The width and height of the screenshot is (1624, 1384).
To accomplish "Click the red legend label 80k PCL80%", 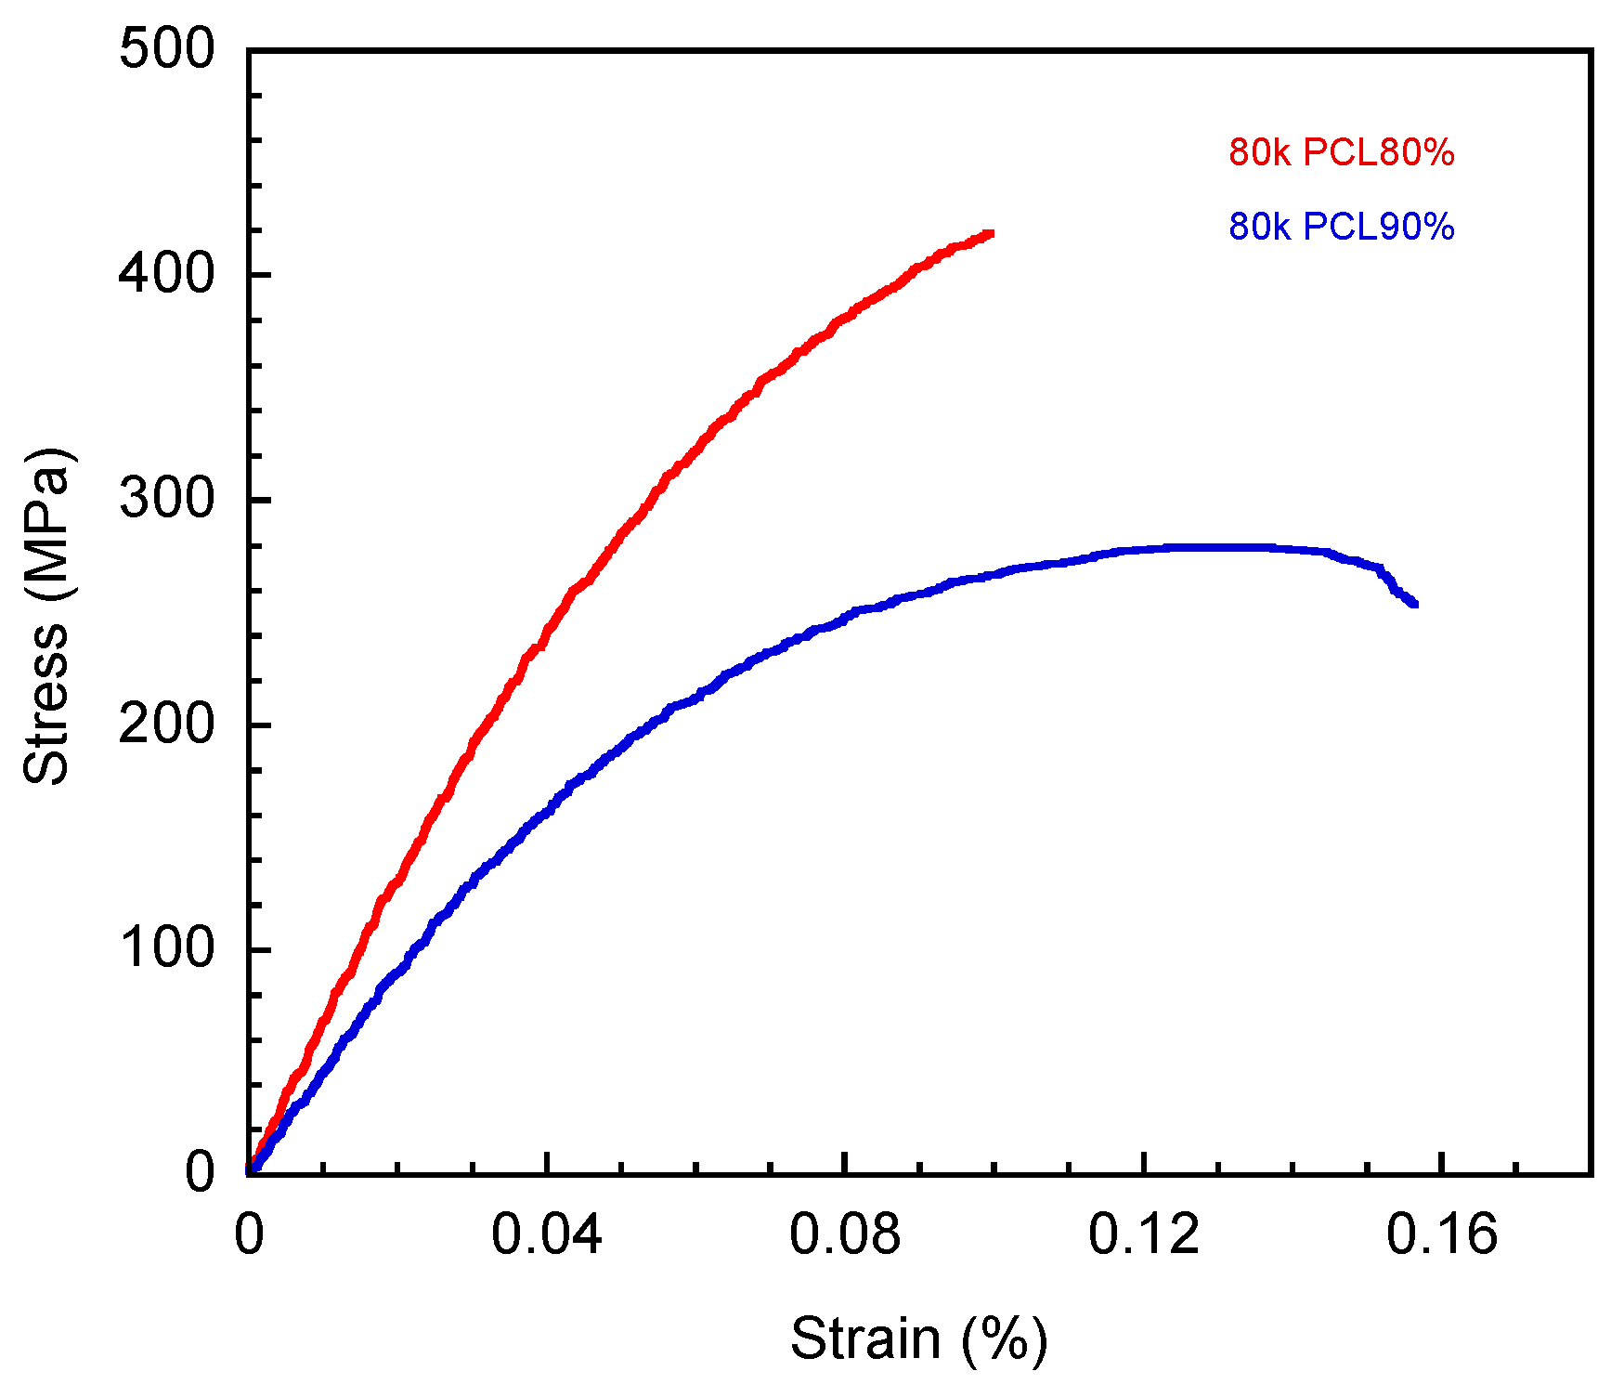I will [x=1341, y=152].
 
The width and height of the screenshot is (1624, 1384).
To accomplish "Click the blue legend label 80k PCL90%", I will [x=1341, y=227].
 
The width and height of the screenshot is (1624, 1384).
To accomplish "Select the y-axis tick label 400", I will [x=167, y=274].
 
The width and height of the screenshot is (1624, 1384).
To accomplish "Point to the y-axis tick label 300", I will [x=167, y=499].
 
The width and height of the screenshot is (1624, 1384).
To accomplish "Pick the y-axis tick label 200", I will [x=167, y=725].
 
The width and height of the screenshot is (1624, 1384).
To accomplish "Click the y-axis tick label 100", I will [x=167, y=949].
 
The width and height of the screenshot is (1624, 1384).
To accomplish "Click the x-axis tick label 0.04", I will [x=546, y=1236].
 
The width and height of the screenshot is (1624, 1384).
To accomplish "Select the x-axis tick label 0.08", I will [x=844, y=1236].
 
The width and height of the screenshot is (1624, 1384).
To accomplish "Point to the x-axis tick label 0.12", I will [x=1143, y=1236].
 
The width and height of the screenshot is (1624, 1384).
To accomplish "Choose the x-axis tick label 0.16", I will [x=1441, y=1236].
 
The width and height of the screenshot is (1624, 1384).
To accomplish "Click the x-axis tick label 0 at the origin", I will [x=249, y=1236].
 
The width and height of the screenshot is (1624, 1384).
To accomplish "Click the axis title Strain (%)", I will [x=918, y=1340].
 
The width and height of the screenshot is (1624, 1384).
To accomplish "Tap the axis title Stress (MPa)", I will [x=46, y=616].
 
